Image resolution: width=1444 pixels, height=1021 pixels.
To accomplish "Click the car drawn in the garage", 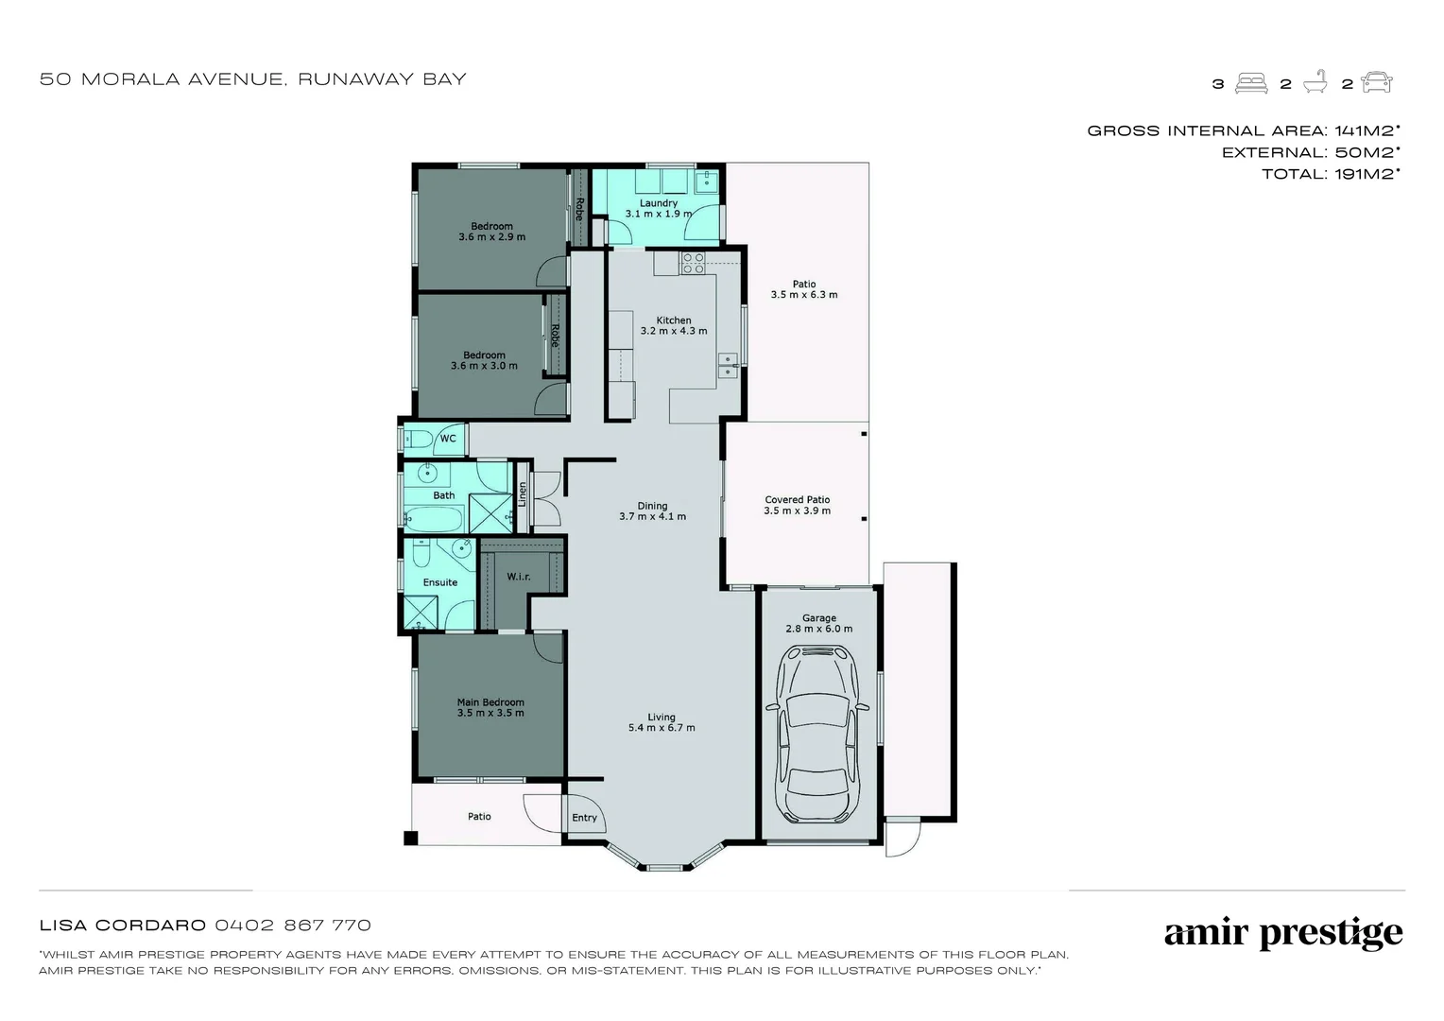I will [x=817, y=734].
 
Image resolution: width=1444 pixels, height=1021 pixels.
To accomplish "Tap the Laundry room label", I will [x=658, y=203].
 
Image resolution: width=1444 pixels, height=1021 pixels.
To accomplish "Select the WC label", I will [x=448, y=439].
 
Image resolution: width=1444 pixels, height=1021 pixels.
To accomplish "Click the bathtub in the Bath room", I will [x=434, y=519].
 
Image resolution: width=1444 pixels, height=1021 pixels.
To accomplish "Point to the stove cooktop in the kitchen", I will [x=693, y=263].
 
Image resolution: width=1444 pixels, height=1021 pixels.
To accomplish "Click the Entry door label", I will [x=584, y=818].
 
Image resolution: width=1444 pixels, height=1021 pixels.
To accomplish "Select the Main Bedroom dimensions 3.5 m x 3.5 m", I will [x=490, y=713].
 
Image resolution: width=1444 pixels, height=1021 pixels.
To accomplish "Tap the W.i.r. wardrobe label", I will [x=518, y=577].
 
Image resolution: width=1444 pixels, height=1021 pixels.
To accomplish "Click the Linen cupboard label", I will [x=522, y=494].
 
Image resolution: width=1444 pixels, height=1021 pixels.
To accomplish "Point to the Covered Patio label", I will [x=797, y=500].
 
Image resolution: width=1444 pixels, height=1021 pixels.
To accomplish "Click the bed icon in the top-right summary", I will [x=1252, y=83].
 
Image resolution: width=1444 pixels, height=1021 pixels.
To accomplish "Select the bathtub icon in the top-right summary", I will [x=1315, y=83].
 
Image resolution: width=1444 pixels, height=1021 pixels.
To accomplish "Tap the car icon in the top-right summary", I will [x=1377, y=83].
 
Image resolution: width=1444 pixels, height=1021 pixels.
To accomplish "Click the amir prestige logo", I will [x=1282, y=934].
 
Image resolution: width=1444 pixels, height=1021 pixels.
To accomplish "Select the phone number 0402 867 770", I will [x=293, y=926].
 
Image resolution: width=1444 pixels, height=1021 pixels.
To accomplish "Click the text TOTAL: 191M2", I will [x=1330, y=174].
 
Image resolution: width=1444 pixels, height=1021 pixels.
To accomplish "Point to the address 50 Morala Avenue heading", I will [x=253, y=79].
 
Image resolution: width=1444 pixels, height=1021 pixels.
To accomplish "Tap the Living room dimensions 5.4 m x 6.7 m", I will [x=662, y=728].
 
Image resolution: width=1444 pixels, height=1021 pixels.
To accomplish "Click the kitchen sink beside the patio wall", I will [x=727, y=365].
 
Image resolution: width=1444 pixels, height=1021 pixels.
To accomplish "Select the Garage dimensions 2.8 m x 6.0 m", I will [x=818, y=629].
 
